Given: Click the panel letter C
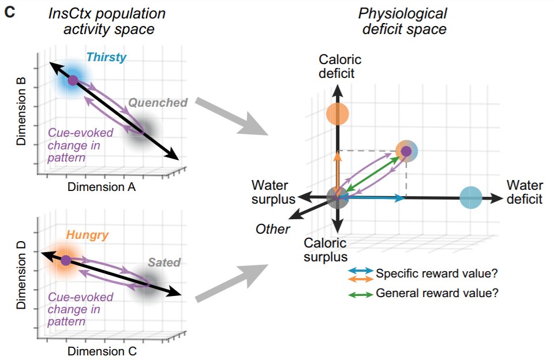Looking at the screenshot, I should [9, 12].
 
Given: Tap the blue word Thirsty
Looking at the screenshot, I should [106, 57].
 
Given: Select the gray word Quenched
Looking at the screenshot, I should [158, 103].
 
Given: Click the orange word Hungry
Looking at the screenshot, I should [88, 235].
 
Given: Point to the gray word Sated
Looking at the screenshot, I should [164, 262].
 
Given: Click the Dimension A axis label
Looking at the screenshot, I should [102, 187].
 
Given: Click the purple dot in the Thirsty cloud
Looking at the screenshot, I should [73, 80].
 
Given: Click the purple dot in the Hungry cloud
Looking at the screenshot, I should [66, 260].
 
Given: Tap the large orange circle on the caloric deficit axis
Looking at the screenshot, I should [337, 114].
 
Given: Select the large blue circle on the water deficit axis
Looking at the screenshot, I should [471, 198].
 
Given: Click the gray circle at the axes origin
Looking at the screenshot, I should [337, 197].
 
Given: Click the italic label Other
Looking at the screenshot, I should [273, 229].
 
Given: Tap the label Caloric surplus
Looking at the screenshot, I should [326, 249].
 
